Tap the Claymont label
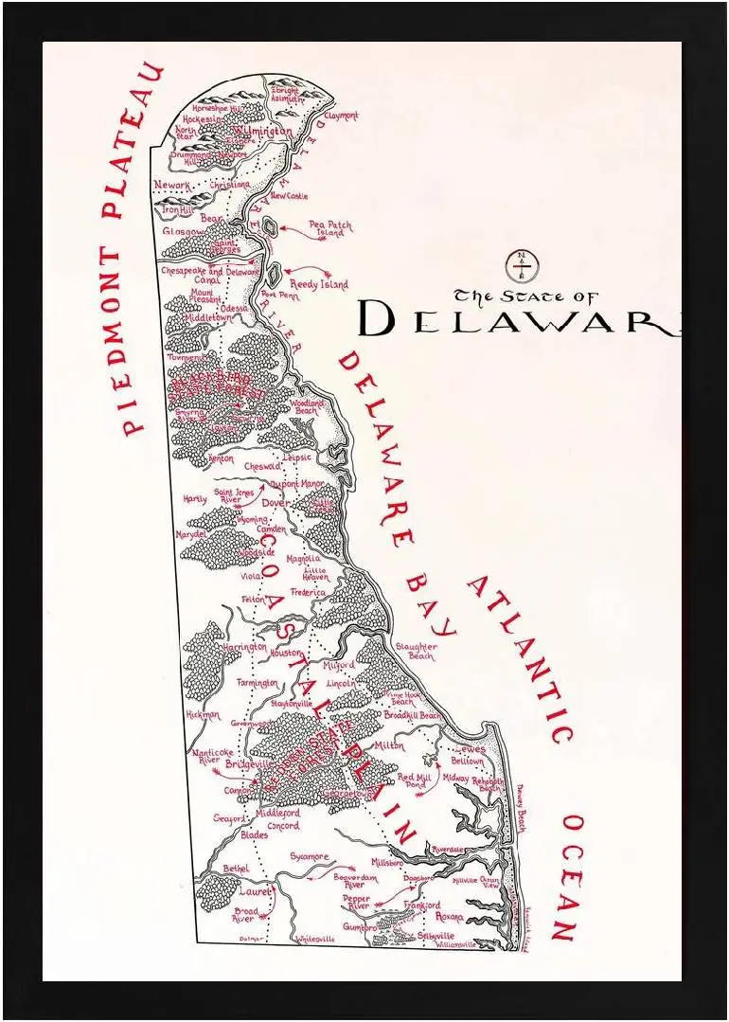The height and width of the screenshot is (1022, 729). tap(341, 116)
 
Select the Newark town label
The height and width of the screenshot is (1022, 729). tap(172, 185)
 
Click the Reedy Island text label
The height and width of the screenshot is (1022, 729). tap(318, 283)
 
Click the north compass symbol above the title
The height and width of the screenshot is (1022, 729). tap(519, 265)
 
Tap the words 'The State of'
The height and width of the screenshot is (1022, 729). tap(526, 295)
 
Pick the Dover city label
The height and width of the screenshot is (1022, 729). tap(276, 503)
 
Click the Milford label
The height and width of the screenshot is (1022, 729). tap(338, 666)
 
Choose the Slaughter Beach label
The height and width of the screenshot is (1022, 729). tap(416, 651)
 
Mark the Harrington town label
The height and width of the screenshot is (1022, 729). tap(245, 647)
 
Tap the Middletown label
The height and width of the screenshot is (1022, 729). tap(206, 318)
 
